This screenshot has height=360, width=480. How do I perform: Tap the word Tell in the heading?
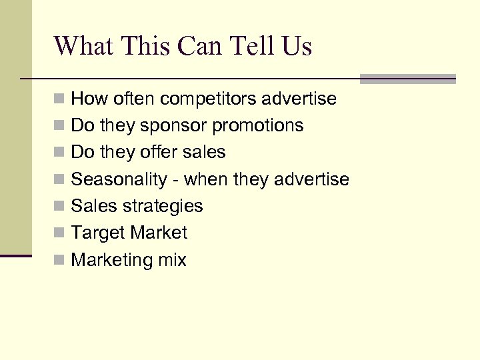point(250,46)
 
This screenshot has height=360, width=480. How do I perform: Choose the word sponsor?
point(161,126)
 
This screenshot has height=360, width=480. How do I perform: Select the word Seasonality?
point(125,179)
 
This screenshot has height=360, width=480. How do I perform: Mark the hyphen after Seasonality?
point(177,180)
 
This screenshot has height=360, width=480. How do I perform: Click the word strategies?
point(163,206)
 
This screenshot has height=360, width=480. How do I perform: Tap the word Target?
point(98,233)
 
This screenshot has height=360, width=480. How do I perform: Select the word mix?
point(172,259)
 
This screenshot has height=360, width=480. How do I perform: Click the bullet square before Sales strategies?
point(59,206)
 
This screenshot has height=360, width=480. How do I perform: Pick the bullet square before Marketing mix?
point(59,259)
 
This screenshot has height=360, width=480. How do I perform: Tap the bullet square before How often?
point(59,99)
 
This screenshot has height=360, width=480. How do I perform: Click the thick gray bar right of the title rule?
point(408,79)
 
